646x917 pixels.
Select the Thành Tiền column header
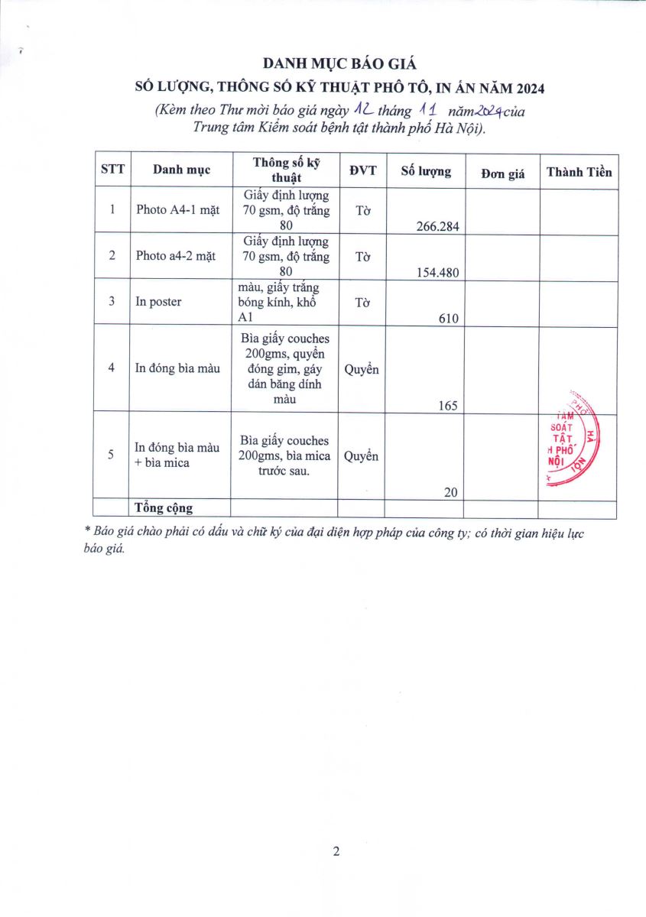point(579,172)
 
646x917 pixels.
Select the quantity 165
point(447,406)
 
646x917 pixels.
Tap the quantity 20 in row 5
point(450,493)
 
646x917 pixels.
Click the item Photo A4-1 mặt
point(177,210)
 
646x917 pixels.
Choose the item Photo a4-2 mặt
point(176,256)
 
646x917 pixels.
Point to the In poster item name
point(158,302)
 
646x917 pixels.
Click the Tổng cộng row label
point(164,508)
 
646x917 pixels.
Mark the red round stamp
point(572,441)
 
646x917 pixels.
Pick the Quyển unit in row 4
point(361,369)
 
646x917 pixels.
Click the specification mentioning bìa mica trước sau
point(284,455)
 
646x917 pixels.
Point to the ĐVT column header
point(363,170)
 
